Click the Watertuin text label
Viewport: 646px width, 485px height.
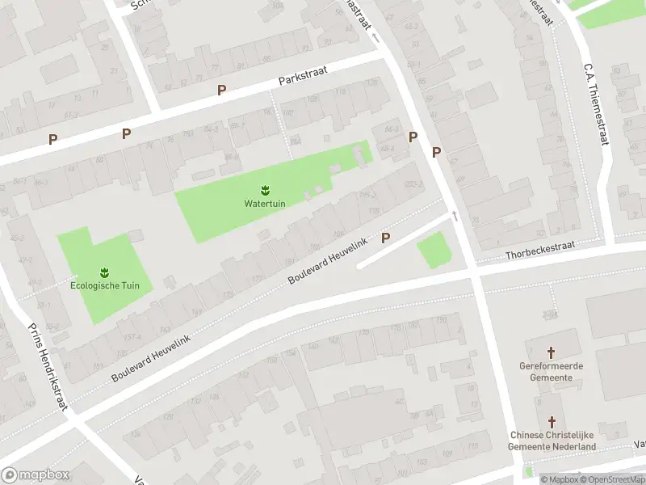265,203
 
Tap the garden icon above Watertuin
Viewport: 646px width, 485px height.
265,190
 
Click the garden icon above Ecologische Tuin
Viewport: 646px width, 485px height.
103,272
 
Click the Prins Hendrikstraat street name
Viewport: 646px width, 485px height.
47,368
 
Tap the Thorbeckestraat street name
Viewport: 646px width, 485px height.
539,254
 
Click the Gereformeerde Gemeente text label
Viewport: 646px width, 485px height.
552,371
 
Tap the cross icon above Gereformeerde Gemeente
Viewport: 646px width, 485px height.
552,352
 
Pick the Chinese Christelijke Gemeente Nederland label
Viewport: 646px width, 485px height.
552,441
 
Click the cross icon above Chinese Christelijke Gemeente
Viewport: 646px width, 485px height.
552,423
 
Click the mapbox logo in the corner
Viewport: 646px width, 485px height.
36,475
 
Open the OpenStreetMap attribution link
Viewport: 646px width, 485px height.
610,479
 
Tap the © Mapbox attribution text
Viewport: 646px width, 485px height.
559,479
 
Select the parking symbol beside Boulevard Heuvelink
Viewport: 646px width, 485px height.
385,238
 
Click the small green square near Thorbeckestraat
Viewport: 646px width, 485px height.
434,250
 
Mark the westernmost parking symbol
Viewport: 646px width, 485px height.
52,139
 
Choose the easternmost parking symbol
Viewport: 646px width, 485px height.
437,151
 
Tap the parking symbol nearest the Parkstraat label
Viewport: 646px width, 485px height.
221,90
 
